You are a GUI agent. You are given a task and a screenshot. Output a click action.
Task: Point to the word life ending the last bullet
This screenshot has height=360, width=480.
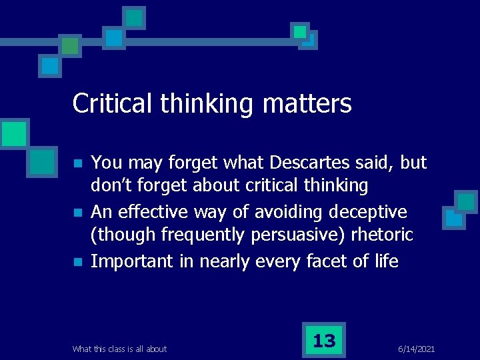(x=385, y=261)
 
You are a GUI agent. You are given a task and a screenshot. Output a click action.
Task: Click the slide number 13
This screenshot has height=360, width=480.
(x=324, y=341)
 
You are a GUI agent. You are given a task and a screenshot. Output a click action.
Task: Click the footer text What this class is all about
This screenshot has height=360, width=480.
(x=119, y=349)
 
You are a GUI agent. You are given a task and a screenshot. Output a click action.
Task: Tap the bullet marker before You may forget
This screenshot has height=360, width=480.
(x=78, y=163)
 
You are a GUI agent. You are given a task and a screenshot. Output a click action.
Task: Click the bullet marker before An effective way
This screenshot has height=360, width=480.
(x=78, y=213)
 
